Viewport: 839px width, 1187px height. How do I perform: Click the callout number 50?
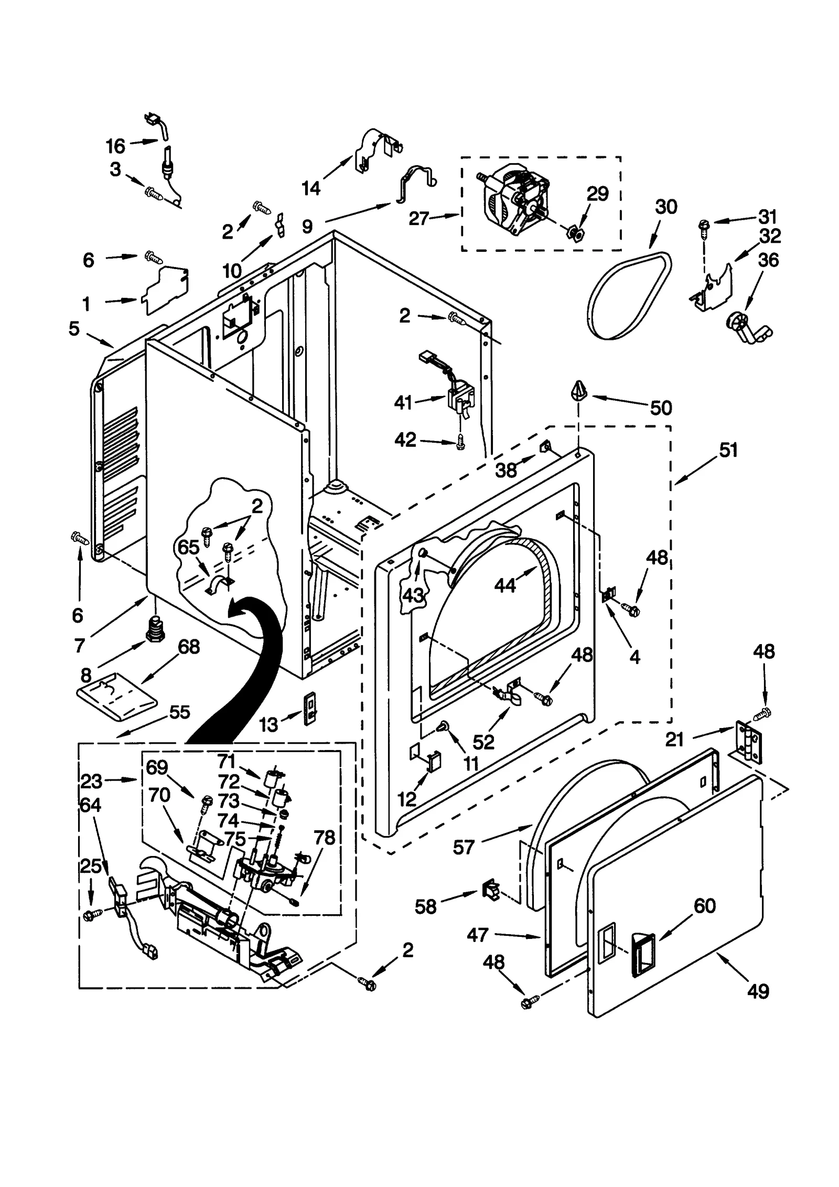(x=660, y=408)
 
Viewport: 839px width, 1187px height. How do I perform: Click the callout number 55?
(x=179, y=712)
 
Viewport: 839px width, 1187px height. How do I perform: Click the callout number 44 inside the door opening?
(x=505, y=584)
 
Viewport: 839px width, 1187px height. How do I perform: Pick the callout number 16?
(x=115, y=146)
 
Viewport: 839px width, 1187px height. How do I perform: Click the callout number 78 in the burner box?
(x=324, y=838)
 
